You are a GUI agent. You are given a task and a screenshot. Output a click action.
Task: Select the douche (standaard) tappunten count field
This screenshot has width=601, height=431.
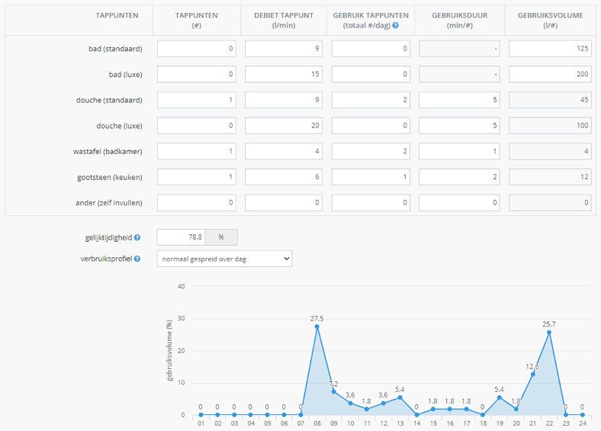(197, 100)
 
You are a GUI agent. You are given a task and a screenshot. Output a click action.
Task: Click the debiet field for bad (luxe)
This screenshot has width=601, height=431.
(284, 75)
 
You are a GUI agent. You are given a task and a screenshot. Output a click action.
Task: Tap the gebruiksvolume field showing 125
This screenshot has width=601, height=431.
(549, 49)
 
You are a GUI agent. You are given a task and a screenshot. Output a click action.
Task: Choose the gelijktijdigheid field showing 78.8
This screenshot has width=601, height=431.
(181, 237)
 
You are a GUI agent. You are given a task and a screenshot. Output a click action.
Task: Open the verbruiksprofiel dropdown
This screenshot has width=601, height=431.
(224, 259)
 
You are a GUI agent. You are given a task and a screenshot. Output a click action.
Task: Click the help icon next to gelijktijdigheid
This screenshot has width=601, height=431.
(137, 238)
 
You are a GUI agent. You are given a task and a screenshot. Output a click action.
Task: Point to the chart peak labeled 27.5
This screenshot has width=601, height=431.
(317, 326)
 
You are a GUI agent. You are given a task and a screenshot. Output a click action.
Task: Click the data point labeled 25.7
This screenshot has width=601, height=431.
(549, 332)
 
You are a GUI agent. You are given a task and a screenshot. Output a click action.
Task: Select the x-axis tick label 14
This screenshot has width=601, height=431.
(416, 423)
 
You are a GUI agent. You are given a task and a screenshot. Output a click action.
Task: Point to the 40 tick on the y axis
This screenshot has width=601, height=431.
(181, 287)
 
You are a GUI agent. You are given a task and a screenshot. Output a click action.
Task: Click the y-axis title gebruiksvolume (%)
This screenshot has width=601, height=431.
(170, 351)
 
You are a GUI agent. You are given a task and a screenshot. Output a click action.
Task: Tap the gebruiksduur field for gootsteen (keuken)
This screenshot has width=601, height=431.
(459, 177)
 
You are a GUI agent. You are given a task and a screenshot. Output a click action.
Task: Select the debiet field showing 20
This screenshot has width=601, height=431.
(284, 126)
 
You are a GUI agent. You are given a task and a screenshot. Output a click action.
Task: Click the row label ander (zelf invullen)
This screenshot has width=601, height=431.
(110, 203)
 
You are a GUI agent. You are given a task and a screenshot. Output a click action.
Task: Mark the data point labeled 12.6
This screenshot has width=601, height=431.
(532, 374)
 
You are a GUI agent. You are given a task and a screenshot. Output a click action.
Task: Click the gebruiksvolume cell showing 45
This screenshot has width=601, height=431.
(549, 100)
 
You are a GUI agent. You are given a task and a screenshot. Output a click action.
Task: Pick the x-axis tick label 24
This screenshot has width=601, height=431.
(582, 423)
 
